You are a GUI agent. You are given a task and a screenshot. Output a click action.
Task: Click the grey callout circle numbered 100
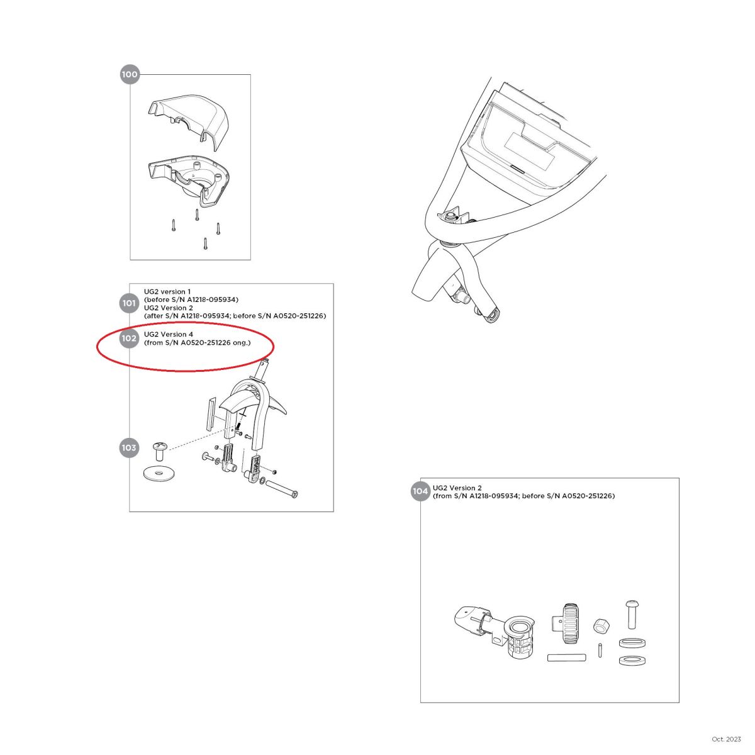130,74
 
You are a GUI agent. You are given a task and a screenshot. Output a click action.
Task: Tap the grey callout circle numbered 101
129,303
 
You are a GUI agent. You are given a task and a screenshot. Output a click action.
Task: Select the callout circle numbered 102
129,338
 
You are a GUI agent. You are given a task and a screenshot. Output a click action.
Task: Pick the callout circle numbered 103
129,448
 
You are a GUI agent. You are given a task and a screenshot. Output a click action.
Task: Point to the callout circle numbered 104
420,491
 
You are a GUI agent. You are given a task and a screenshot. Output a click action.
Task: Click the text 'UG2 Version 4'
169,334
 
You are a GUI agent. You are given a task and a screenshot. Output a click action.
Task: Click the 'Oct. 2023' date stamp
726,739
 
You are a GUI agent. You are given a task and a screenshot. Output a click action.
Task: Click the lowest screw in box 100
205,243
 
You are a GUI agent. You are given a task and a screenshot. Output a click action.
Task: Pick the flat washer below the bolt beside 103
159,473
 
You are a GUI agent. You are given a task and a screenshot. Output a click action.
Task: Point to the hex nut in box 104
601,625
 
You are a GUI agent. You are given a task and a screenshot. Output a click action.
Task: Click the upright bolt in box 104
631,614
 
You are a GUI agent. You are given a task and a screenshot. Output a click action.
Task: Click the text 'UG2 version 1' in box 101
167,291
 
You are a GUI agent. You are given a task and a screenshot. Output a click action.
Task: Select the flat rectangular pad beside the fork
211,414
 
